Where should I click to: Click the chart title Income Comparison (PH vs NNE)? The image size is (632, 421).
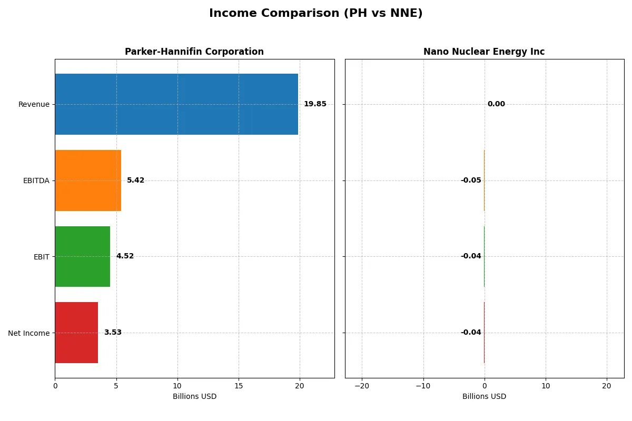click(315, 14)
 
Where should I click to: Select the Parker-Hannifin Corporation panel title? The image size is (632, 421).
click(194, 52)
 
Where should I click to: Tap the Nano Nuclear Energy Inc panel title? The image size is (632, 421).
click(484, 52)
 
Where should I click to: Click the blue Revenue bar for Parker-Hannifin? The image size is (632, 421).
click(176, 104)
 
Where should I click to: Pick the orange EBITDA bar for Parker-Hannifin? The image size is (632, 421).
click(88, 181)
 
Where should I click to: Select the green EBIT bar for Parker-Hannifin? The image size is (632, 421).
click(82, 256)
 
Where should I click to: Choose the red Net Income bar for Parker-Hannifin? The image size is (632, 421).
click(76, 333)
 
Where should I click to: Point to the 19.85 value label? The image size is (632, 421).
click(315, 104)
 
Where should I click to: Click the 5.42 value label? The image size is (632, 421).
click(135, 181)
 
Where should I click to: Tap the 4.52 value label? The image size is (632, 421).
click(125, 256)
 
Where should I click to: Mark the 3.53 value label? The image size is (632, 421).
click(113, 333)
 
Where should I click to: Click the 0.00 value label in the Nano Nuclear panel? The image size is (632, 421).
click(496, 104)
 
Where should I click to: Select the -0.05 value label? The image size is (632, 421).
click(471, 181)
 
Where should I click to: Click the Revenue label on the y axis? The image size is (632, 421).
click(34, 104)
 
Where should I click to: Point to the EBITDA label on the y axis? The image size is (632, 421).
click(36, 181)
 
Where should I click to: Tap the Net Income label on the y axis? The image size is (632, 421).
click(29, 333)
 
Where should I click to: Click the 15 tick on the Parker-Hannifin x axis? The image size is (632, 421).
click(239, 386)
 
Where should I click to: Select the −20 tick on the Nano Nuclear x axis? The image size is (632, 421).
click(362, 386)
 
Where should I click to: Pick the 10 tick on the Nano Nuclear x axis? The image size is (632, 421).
click(546, 386)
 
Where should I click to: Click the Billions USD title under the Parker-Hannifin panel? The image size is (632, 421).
click(194, 396)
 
